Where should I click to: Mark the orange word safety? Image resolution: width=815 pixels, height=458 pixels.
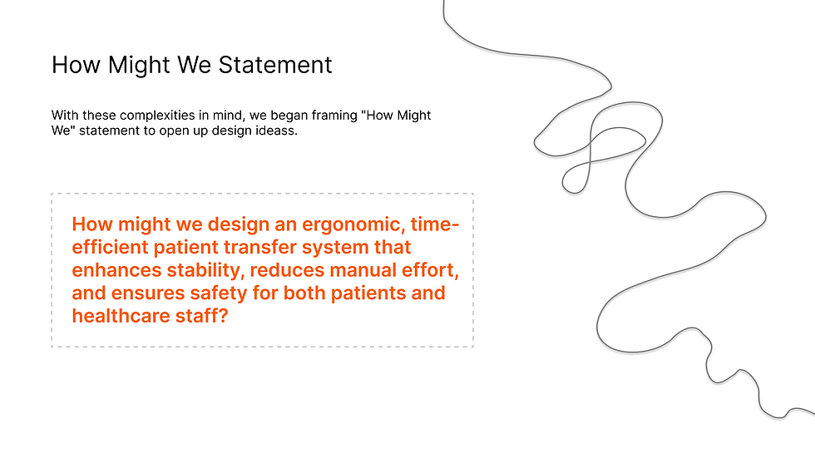(214, 293)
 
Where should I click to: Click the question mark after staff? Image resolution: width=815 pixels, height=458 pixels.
(224, 316)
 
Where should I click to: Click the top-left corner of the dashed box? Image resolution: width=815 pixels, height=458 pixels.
(52, 195)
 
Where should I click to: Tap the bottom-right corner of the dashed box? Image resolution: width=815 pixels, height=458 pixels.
(473, 346)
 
